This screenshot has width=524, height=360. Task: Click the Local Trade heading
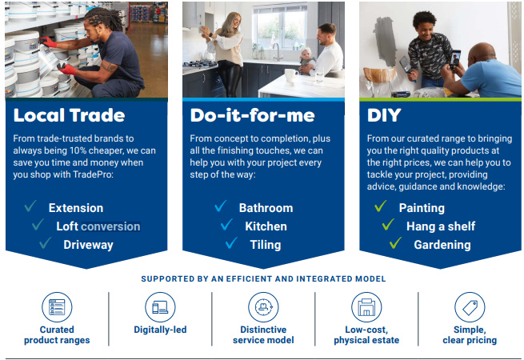69,115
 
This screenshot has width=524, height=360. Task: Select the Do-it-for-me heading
252,115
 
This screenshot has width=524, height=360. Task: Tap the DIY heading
384,115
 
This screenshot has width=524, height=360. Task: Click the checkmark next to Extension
31,207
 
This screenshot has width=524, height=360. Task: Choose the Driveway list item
88,245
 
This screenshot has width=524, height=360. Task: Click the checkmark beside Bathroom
222,207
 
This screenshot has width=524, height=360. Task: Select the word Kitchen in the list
266,226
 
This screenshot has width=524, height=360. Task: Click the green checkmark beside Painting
381,207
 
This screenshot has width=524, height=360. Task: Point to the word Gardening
442,245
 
